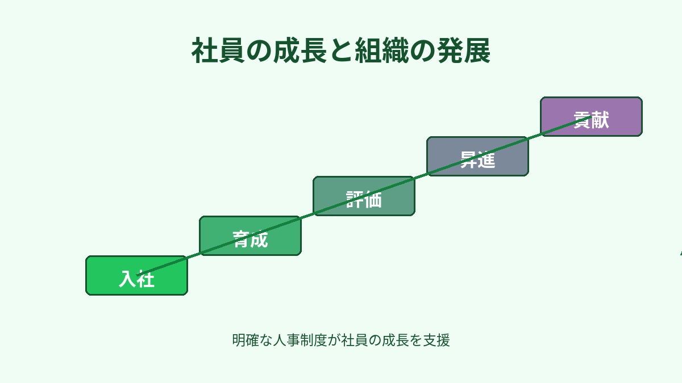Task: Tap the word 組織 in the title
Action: (375, 52)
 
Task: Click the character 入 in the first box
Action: (127, 279)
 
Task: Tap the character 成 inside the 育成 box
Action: (259, 239)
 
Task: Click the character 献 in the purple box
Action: (600, 120)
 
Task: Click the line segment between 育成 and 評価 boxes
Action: (307, 216)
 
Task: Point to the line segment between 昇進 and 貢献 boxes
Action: (534, 136)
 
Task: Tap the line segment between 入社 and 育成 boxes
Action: (193, 255)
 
